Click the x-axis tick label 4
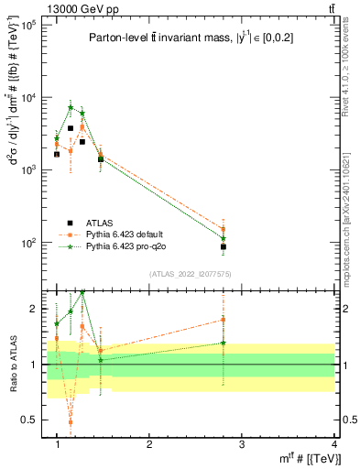[334, 444]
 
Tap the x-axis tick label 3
[242, 444]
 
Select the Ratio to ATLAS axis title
[14, 364]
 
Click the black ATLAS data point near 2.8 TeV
[224, 247]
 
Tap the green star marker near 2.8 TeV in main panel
[224, 238]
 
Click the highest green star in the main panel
[71, 107]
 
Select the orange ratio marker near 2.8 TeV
[224, 320]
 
